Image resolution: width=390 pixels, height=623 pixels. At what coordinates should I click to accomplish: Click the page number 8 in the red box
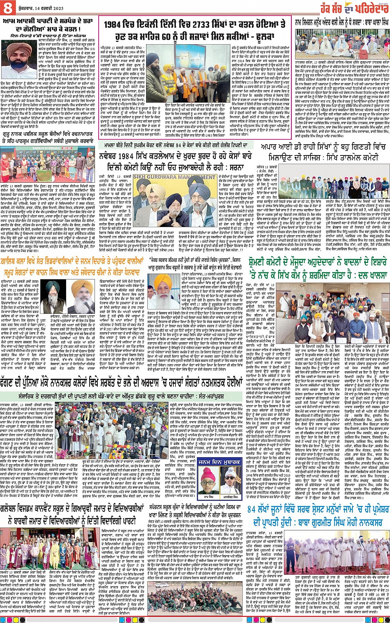click(x=7, y=6)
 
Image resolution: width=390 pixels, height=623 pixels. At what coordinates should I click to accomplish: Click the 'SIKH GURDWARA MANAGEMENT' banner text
click(x=174, y=177)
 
